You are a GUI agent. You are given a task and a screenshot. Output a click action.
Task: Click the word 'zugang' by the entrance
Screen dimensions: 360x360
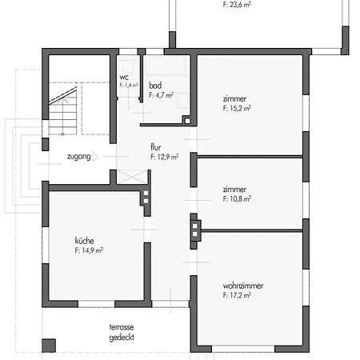(x=78, y=156)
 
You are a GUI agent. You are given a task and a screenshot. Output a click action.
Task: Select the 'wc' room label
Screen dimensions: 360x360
(x=124, y=77)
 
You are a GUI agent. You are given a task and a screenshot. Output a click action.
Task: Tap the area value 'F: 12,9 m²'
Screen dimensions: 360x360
(x=163, y=158)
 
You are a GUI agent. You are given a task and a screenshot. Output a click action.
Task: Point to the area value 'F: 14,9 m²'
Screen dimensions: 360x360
(x=89, y=250)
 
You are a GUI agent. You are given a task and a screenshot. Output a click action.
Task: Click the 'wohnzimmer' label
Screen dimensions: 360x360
(x=244, y=286)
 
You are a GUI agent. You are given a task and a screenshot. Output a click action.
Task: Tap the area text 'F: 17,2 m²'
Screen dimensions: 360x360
(x=238, y=295)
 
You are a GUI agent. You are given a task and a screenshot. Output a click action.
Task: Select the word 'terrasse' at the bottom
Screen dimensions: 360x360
(x=123, y=327)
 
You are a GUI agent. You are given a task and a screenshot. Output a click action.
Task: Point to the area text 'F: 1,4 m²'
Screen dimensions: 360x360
(x=129, y=84)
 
